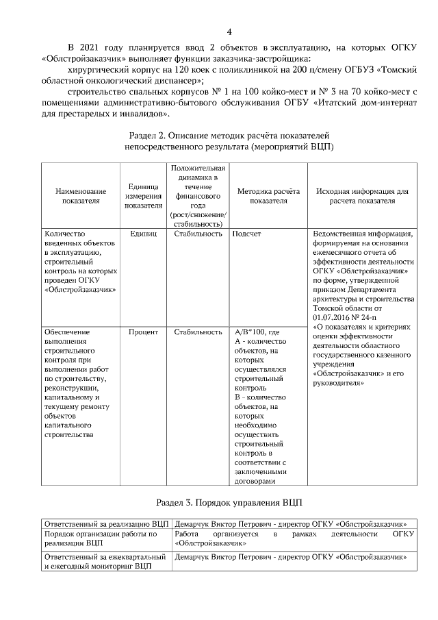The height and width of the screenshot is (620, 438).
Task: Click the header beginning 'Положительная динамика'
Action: [198, 196]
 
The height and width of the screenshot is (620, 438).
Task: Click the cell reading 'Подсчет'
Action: [247, 234]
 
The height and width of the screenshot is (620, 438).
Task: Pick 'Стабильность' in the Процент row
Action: [198, 332]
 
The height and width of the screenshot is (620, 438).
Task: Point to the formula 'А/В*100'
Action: [253, 332]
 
